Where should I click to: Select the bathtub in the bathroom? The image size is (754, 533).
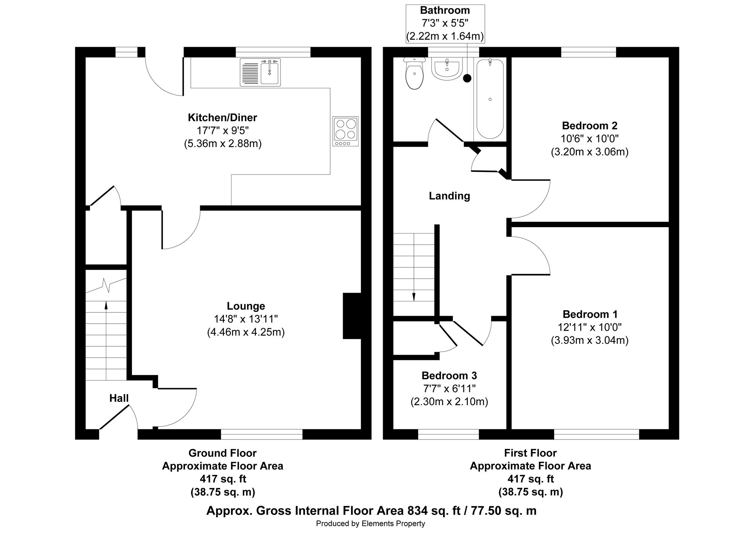click(490, 99)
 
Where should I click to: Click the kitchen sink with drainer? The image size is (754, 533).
click(261, 72)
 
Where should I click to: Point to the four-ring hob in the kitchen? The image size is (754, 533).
click(346, 131)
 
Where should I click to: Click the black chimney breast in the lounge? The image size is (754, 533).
click(352, 316)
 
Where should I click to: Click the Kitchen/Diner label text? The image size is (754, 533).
click(222, 118)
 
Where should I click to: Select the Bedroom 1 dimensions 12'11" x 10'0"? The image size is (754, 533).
click(590, 327)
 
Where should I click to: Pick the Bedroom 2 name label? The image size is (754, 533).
click(590, 126)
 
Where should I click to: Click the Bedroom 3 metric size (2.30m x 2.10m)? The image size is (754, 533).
click(449, 402)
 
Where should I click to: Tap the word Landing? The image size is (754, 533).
click(449, 196)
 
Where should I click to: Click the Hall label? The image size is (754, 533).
click(119, 398)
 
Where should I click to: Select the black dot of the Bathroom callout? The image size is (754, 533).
click(467, 78)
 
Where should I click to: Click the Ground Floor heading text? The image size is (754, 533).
click(222, 453)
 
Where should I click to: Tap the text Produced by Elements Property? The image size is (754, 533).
click(371, 524)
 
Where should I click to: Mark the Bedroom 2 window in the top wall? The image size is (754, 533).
click(588, 52)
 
